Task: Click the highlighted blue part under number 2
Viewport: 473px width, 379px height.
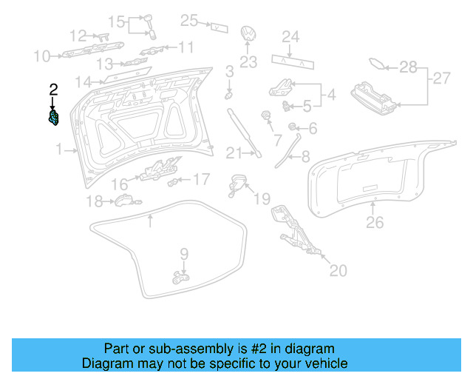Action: coord(53,117)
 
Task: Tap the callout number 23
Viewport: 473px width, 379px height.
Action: coord(248,62)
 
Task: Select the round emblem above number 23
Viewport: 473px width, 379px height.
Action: coord(248,36)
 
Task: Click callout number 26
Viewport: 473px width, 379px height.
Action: coord(375,222)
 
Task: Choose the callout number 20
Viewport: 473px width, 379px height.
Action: coord(337,271)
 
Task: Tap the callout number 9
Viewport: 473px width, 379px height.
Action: coord(184,254)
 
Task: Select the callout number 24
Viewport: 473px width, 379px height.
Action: coord(290,36)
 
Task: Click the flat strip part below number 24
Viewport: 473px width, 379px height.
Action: coord(290,59)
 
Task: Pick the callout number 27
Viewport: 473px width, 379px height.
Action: coord(441,78)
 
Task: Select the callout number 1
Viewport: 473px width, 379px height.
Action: coord(59,150)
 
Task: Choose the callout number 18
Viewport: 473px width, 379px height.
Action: coord(94,201)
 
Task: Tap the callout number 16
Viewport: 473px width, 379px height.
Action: coord(120,184)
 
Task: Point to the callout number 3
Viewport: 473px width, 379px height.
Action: coord(230,72)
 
